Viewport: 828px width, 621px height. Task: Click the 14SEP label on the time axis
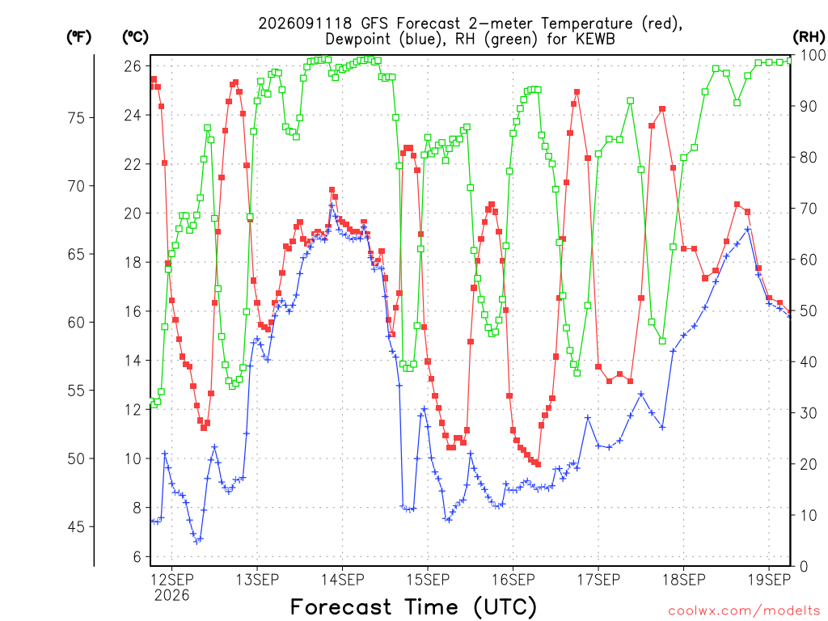click(343, 580)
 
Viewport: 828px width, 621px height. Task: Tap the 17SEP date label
click(598, 580)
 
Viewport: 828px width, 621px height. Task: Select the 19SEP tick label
click(770, 580)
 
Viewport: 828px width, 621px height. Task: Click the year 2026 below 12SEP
click(172, 596)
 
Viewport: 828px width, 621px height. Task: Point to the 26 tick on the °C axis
click(133, 66)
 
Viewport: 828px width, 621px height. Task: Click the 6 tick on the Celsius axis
click(137, 556)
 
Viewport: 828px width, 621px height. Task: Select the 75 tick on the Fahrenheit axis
click(77, 118)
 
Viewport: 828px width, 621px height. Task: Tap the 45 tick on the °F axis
click(77, 526)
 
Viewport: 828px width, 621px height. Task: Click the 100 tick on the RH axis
click(813, 55)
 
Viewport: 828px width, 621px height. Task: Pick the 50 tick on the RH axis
click(809, 310)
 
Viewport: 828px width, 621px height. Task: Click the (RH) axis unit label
click(809, 37)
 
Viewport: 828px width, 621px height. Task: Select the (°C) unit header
click(136, 37)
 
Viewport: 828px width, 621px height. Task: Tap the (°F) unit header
click(79, 37)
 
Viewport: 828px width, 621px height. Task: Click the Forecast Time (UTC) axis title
click(413, 607)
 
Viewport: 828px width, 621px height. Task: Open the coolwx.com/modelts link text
click(744, 611)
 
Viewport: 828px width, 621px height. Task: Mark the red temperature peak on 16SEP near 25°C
click(577, 92)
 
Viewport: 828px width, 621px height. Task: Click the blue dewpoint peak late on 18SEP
click(747, 229)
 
